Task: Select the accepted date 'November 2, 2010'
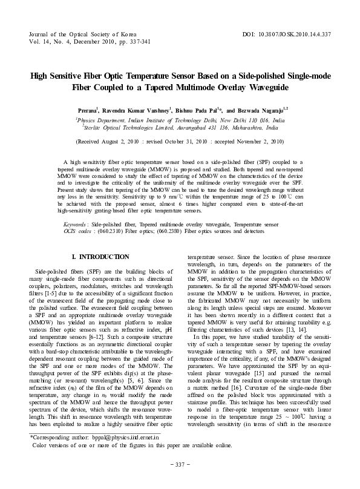[x=256, y=142]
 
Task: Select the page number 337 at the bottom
[x=180, y=481]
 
